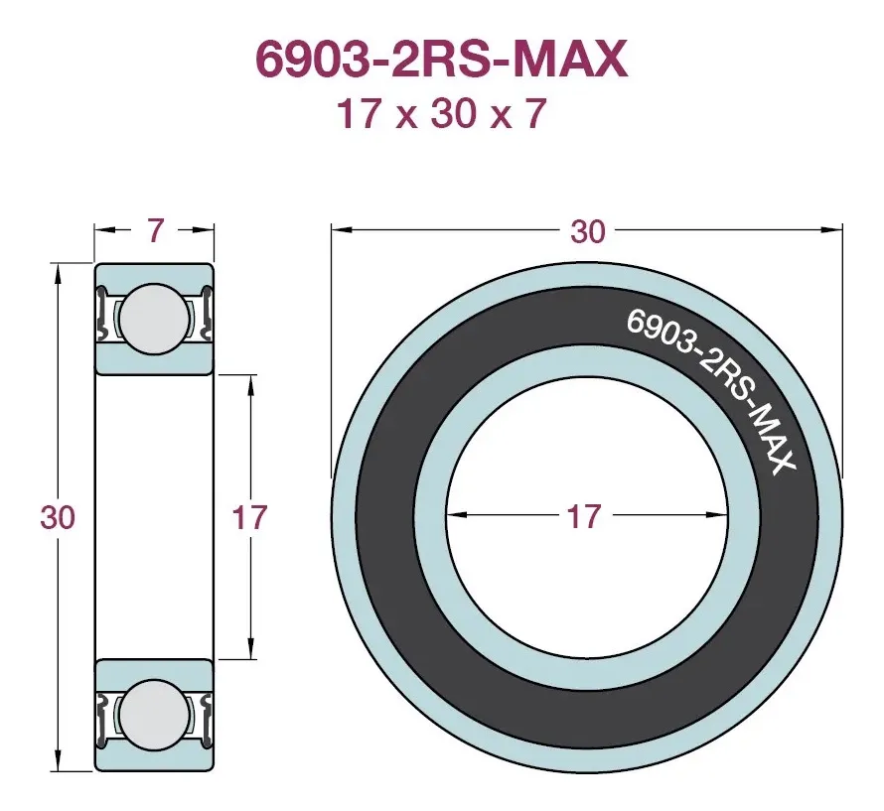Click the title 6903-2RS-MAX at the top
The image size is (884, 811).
click(441, 59)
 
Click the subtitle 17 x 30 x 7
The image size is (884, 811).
click(441, 113)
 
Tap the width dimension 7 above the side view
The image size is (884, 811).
click(155, 230)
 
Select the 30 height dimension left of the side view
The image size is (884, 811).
click(58, 517)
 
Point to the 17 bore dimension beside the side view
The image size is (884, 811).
click(249, 517)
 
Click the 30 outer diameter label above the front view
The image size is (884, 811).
click(587, 231)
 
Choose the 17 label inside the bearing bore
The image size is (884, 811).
click(584, 516)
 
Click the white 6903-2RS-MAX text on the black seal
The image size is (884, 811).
click(711, 390)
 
